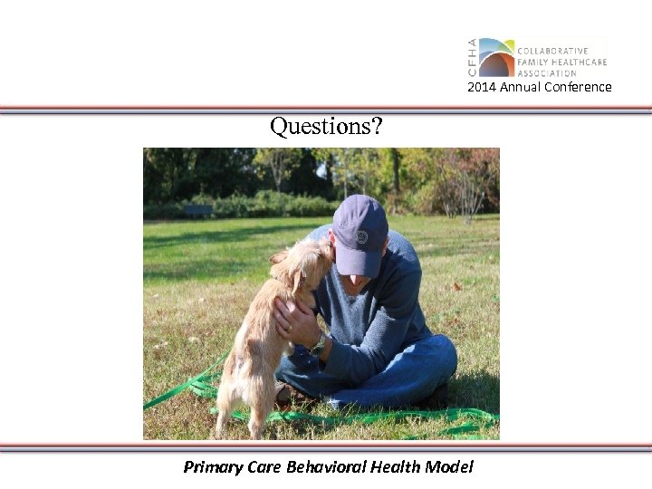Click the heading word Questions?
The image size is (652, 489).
point(326,127)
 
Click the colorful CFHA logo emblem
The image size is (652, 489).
point(496,57)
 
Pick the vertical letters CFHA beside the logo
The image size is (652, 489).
point(472,57)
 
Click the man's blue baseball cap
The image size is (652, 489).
point(360,232)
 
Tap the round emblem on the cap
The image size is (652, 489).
point(362,237)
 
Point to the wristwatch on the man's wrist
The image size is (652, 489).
point(318,342)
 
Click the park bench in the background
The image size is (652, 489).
point(197,209)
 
